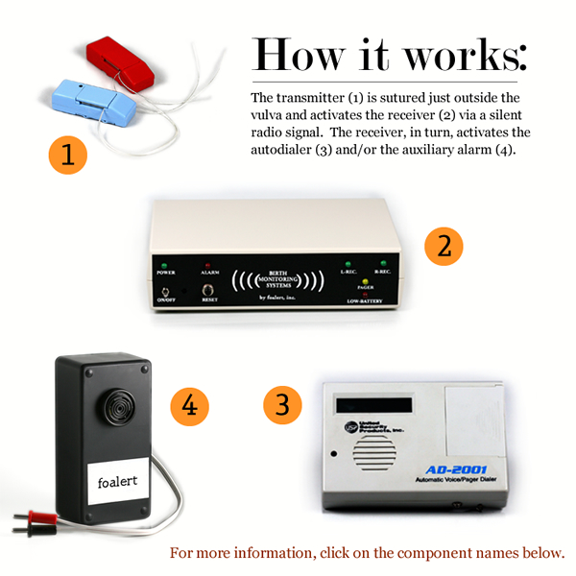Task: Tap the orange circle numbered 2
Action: click(443, 246)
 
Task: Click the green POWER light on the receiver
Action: click(165, 262)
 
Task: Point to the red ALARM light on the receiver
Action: click(205, 262)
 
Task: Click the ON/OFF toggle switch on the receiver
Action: click(167, 289)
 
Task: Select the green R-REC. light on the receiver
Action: click(383, 261)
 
